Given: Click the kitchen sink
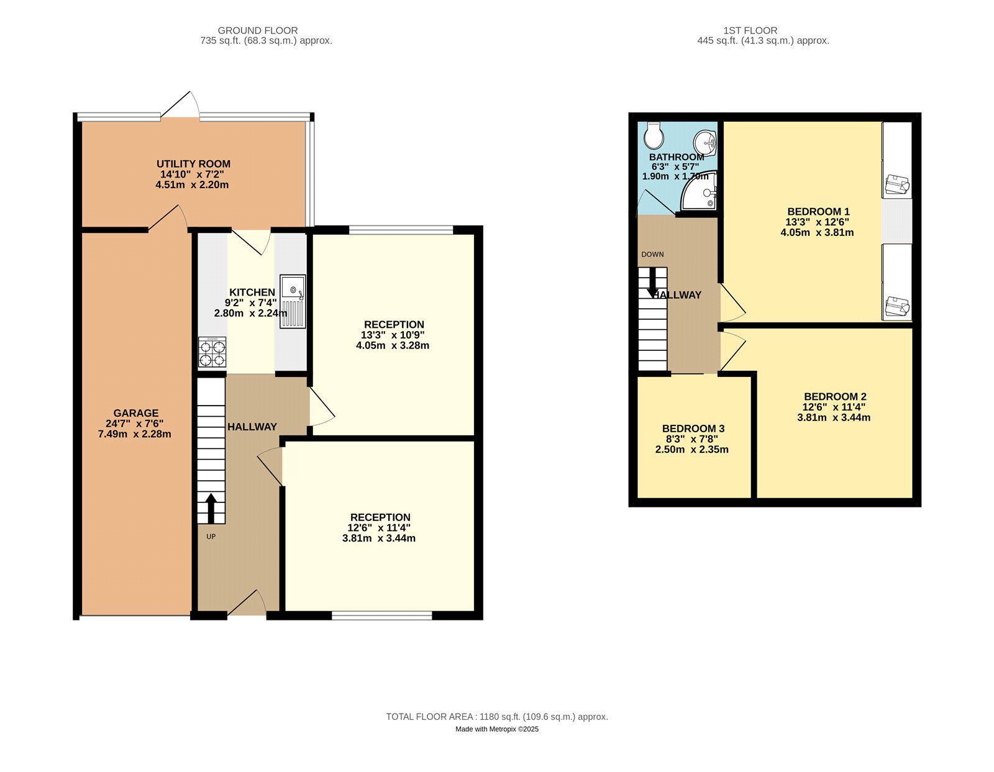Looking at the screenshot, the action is pos(293,301).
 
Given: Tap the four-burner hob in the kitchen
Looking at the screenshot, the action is pos(212,352).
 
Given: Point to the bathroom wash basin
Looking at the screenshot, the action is pos(705,143).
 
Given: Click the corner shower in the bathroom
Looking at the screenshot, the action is pos(698,191).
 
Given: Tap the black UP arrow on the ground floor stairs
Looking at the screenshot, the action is pos(211,508).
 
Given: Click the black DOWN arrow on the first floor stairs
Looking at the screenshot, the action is pos(652,282).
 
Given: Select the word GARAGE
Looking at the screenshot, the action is pos(136,413).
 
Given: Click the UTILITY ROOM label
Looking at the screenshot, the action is pos(193,163).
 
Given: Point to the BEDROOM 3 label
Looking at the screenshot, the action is pos(693,429).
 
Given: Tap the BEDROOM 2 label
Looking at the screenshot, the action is pos(835,396).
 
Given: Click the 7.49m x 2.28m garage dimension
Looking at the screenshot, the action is pos(134,434).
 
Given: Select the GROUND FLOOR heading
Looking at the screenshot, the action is pos(258,30).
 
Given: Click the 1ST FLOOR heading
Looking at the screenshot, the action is pos(750,30).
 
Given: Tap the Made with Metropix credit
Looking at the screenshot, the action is pos(497,729).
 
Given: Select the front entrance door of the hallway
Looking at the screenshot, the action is pos(247,602).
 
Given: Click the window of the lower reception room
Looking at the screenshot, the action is pos(382,615).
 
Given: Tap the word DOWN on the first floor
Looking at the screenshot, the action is pos(652,254).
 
